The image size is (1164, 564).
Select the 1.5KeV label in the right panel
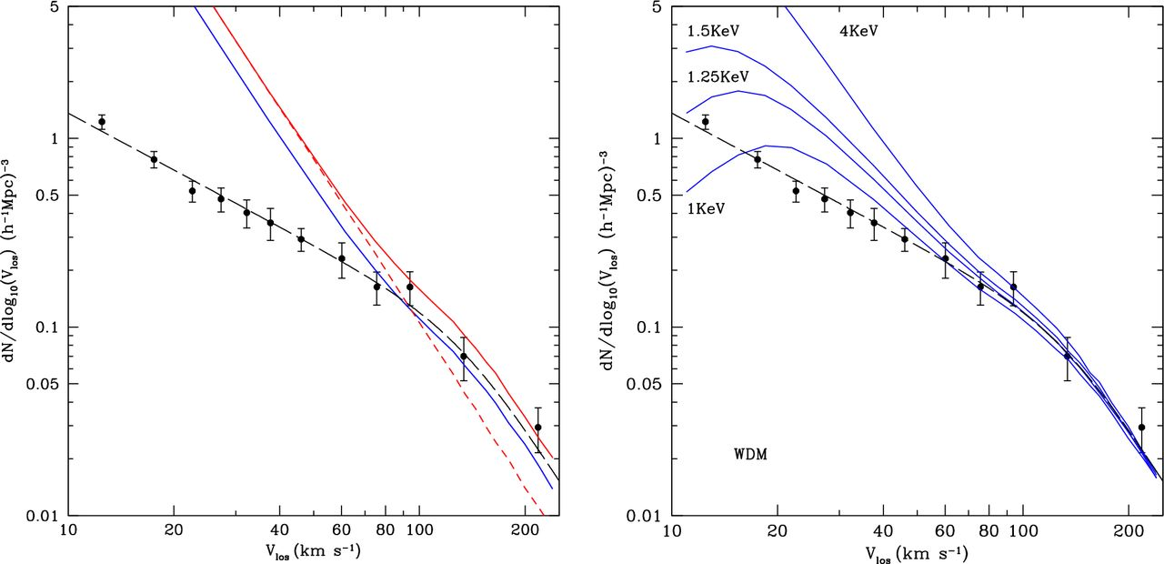pyautogui.click(x=713, y=31)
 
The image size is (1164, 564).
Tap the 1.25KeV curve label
pyautogui.click(x=717, y=76)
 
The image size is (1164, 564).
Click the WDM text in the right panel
pyautogui.click(x=750, y=453)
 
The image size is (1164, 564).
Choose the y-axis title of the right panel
pyautogui.click(x=616, y=260)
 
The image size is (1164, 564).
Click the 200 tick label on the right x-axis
pyautogui.click(x=1129, y=533)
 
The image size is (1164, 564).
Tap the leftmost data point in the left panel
pyautogui.click(x=102, y=122)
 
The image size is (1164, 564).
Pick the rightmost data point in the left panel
pyautogui.click(x=538, y=428)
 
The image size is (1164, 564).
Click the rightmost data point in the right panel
pyautogui.click(x=1142, y=428)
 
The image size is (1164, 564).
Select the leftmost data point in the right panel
pyautogui.click(x=706, y=122)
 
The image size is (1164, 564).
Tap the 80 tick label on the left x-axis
pyautogui.click(x=386, y=533)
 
